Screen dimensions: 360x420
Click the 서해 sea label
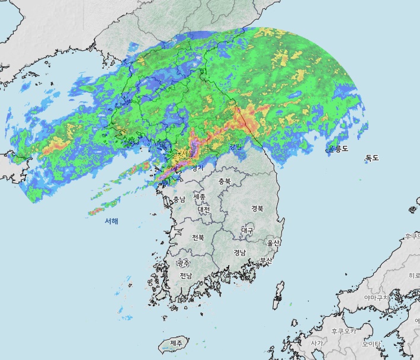pos(111,221)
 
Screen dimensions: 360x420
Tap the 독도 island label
pos(372,158)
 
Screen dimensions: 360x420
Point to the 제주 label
pos(176,343)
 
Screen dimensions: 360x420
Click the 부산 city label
pos(267,260)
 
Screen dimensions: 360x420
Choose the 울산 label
pos(273,243)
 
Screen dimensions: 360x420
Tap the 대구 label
pos(247,230)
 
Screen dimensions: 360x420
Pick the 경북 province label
pos(257,208)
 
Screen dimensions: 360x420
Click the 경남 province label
pos(239,252)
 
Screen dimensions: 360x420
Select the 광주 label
pos(184,263)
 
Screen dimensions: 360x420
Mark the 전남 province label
pos(186,276)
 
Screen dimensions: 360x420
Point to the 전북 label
pos(198,237)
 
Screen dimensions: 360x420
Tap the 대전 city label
pos(204,209)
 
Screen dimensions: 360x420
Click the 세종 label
pos(199,196)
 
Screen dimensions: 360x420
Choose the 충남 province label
pos(179,199)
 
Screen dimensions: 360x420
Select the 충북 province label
pos(224,181)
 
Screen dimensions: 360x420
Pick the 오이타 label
pos(371,343)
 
